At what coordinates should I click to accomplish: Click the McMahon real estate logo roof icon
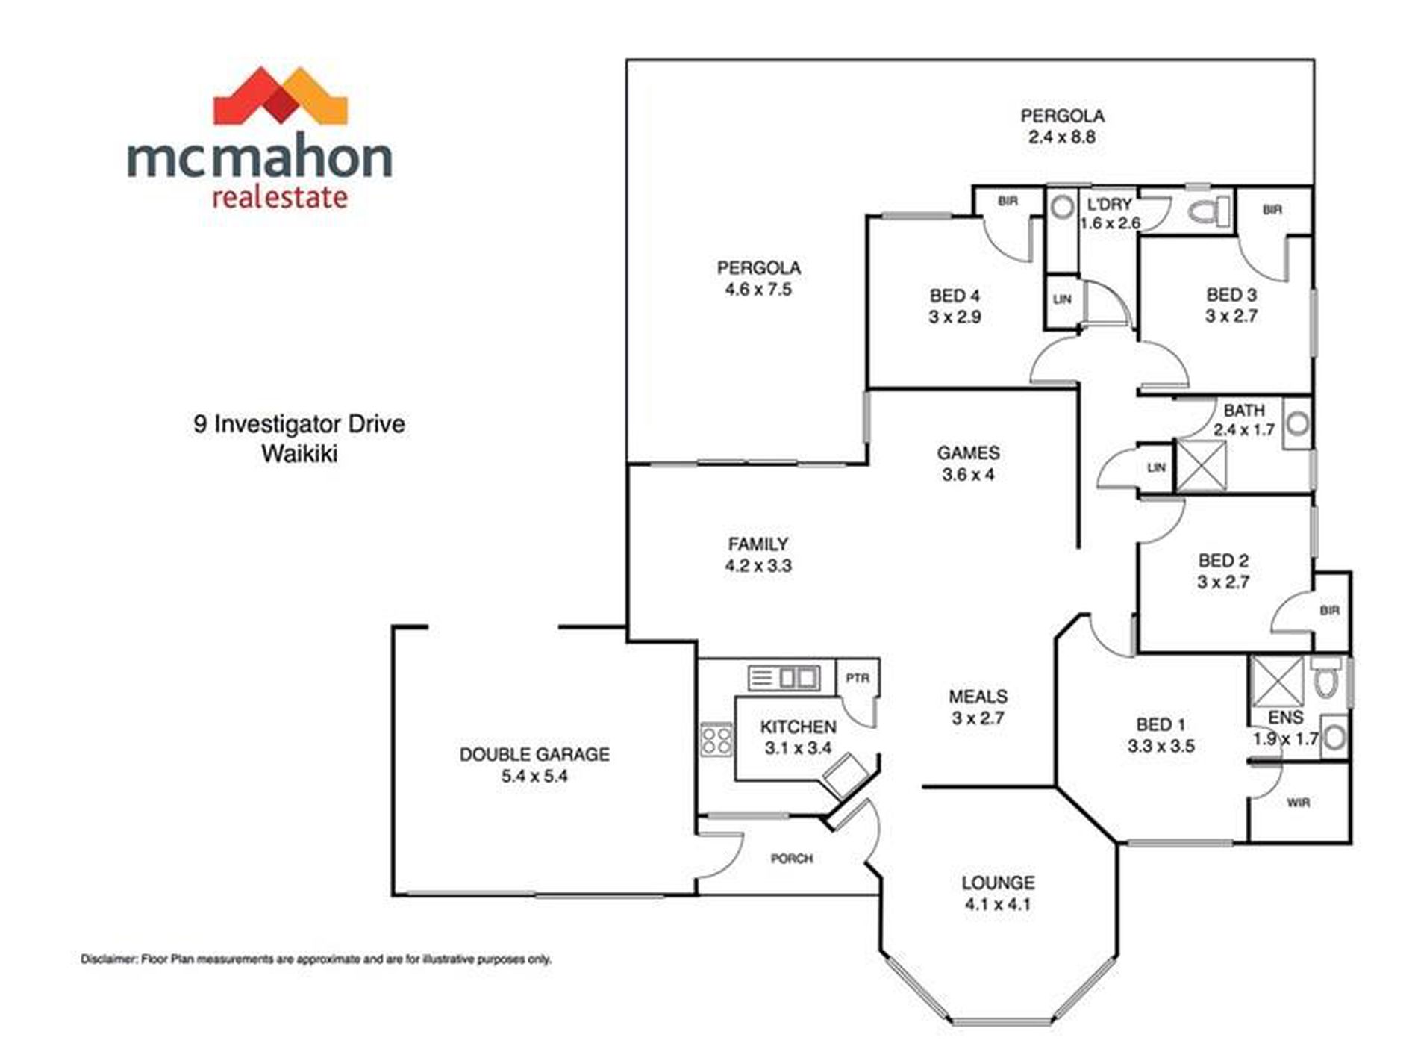coord(281,96)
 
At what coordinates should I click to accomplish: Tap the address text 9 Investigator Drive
coord(299,424)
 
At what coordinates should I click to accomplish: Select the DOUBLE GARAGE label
coord(534,754)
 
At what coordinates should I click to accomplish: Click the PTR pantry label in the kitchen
coord(858,678)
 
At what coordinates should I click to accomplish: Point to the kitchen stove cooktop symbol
coord(716,741)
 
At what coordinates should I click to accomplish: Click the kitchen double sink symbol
coord(784,678)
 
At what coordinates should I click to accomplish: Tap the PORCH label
coord(792,859)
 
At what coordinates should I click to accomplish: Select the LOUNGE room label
coord(998,883)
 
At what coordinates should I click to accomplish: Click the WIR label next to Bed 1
coord(1299,803)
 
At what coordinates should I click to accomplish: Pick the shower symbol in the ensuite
coord(1277,681)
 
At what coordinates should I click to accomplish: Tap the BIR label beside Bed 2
coord(1330,610)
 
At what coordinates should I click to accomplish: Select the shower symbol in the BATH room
coord(1201,466)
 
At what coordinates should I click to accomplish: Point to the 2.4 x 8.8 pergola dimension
coord(1062,137)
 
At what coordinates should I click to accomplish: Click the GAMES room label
coord(968,452)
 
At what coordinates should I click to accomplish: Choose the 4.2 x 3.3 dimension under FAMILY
coord(758,566)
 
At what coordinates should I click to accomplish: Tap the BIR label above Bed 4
coord(1008,201)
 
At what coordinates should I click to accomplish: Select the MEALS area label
coord(978,697)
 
